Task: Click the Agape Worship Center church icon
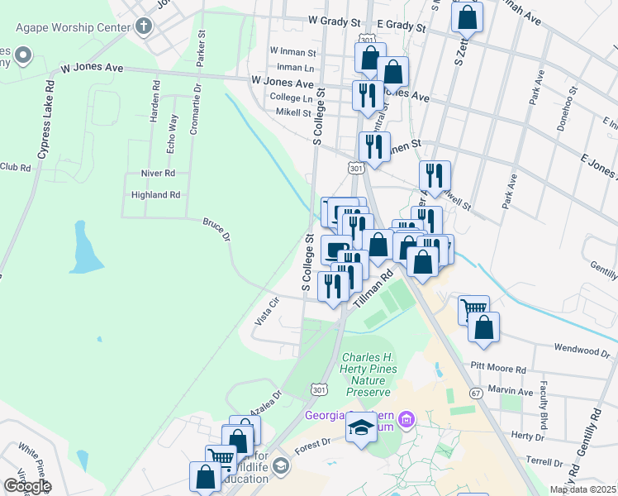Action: [x=143, y=26]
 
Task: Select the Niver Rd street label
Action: [x=159, y=174]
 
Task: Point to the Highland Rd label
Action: [x=155, y=195]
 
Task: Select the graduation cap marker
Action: [x=361, y=427]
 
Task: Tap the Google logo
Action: [x=27, y=486]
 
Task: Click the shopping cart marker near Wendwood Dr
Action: [x=473, y=309]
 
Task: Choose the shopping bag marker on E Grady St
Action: [x=468, y=16]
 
